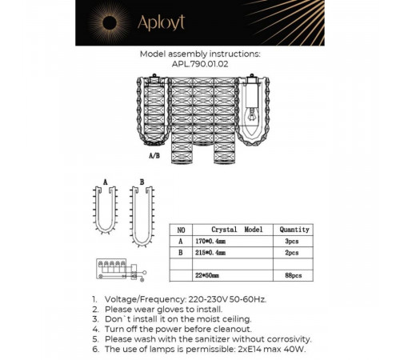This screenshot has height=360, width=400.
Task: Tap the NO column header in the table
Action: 182,228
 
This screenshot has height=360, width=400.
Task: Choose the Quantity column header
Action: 294,228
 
